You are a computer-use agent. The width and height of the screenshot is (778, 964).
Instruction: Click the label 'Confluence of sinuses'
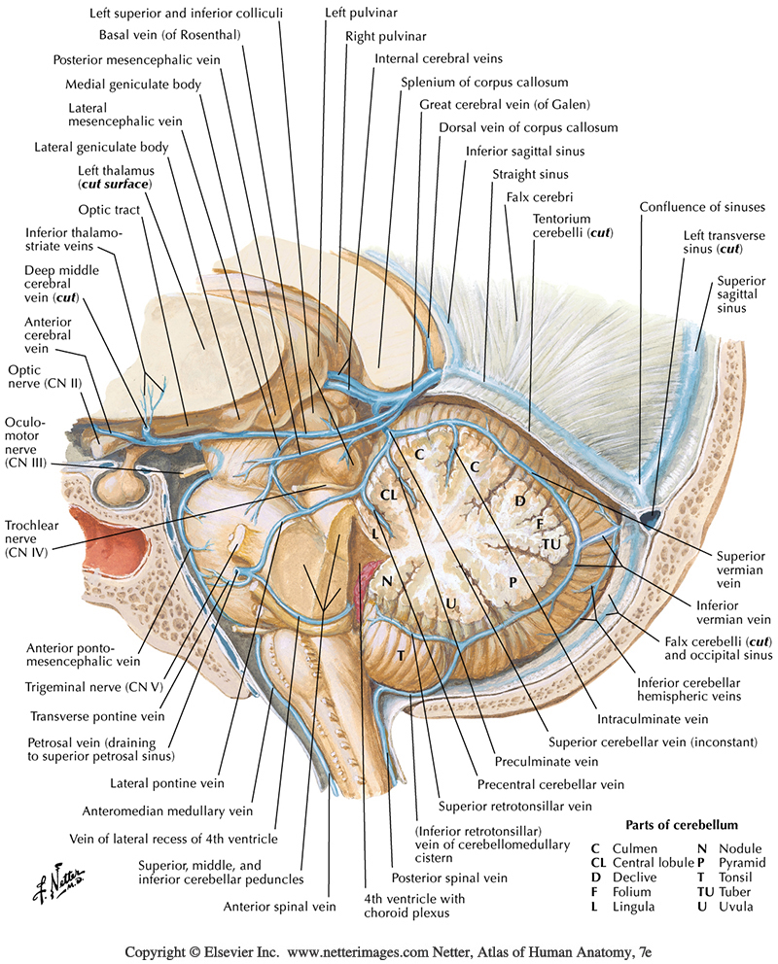click(702, 206)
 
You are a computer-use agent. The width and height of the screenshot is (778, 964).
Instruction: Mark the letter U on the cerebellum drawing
click(451, 604)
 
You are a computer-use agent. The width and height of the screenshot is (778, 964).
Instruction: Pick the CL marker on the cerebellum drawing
click(389, 495)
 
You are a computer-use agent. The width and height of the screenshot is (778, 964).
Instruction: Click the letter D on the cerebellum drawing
click(519, 499)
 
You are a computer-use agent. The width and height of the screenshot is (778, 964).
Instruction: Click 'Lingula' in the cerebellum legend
click(635, 906)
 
